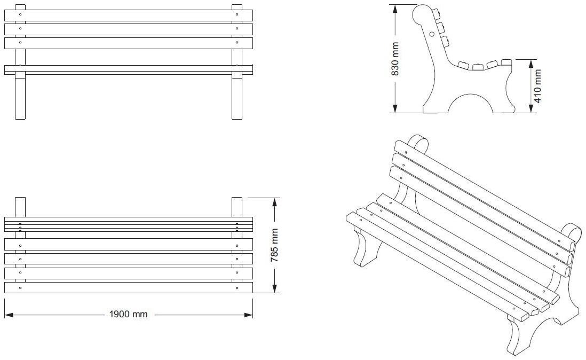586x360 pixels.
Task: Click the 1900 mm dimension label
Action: click(x=128, y=314)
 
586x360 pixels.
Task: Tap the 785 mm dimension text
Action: click(x=274, y=245)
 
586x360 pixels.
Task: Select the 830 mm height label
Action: click(x=395, y=59)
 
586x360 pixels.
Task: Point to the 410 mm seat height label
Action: click(x=538, y=86)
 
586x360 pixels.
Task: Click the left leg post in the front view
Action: click(x=20, y=96)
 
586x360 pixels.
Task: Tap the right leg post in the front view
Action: click(x=237, y=96)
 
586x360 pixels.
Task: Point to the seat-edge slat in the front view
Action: click(x=128, y=69)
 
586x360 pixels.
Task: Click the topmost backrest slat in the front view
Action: click(x=128, y=15)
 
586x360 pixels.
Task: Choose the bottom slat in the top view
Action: click(x=128, y=287)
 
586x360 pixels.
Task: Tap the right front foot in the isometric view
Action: click(x=517, y=336)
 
